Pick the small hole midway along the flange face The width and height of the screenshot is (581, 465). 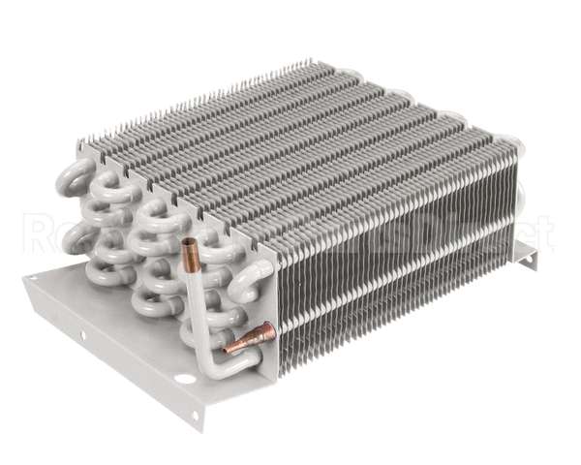click(x=83, y=335)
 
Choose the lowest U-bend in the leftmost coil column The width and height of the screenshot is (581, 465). click(x=104, y=272)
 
